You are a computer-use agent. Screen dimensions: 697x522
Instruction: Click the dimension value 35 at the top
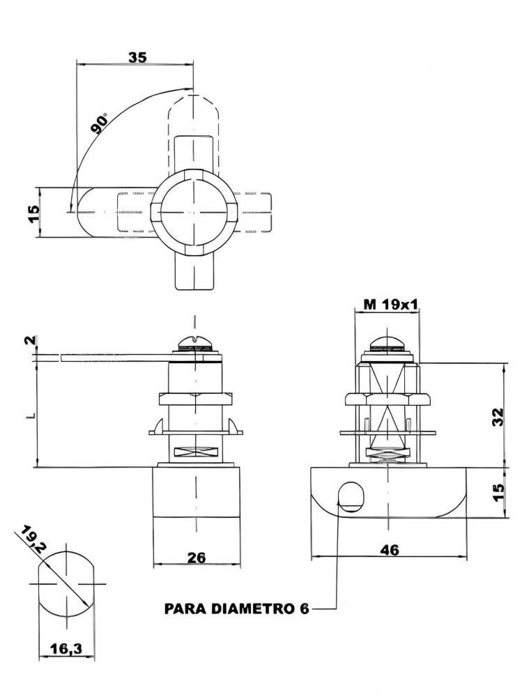(137, 58)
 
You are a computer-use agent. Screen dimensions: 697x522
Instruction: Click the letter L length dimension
(29, 415)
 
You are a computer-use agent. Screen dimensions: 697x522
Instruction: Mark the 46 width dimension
(389, 550)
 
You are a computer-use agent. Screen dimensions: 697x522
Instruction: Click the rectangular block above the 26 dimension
(197, 492)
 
